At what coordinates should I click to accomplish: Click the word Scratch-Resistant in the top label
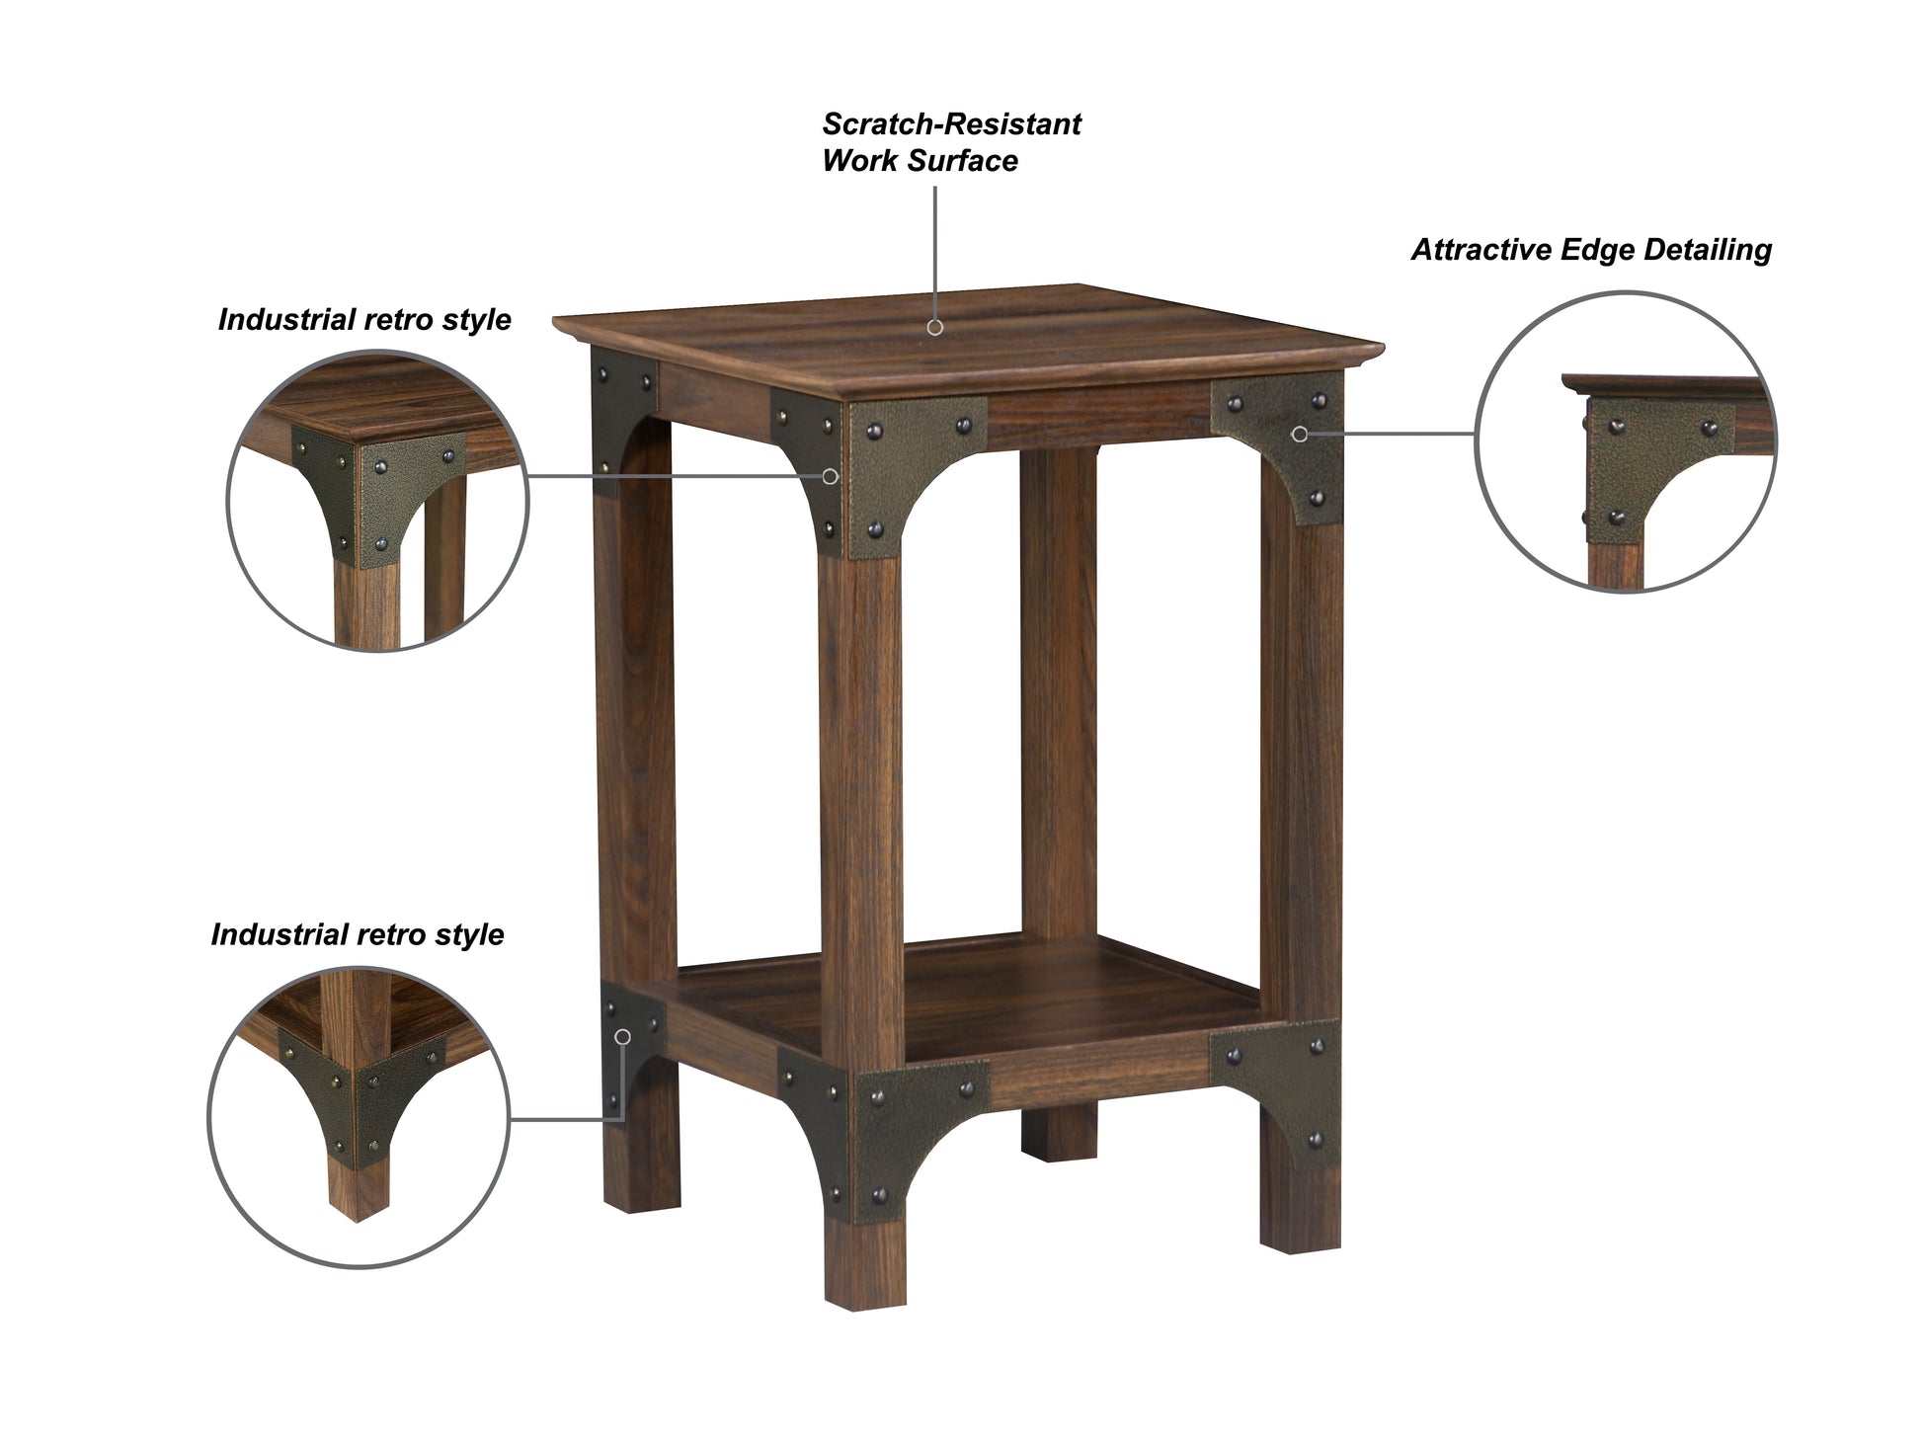[x=951, y=124]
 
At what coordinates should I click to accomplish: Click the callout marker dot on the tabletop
[x=934, y=327]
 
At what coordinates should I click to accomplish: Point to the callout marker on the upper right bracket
[x=1300, y=434]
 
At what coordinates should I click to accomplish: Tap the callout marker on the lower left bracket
[x=622, y=1036]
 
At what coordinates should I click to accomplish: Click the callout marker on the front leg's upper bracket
[x=831, y=476]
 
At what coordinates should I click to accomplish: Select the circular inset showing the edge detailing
[x=1625, y=441]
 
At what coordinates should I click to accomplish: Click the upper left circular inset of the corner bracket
[x=378, y=501]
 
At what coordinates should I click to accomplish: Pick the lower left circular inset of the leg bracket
[x=359, y=1116]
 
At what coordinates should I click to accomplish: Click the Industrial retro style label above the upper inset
[x=364, y=320]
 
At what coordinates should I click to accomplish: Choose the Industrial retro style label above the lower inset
[x=358, y=935]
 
